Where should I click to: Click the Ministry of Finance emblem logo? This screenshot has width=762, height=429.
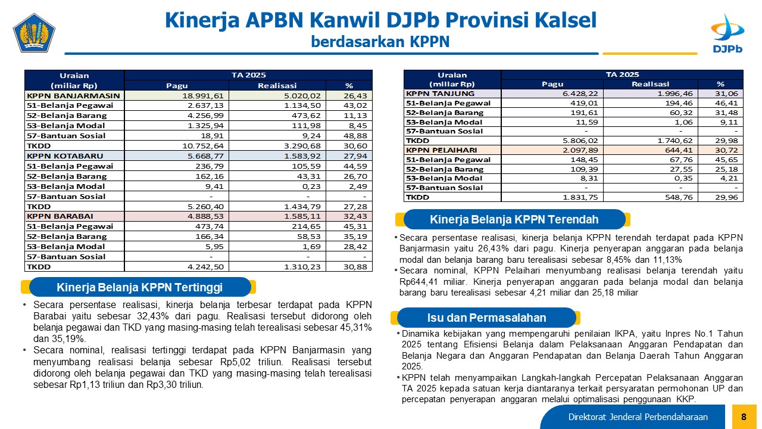coord(34,33)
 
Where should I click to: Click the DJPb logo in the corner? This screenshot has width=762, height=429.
coord(727,33)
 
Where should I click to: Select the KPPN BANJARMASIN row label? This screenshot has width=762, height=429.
coord(73,96)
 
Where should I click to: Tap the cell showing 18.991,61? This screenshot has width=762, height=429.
coord(203,96)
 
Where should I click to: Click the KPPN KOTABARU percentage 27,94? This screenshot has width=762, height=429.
coord(355,156)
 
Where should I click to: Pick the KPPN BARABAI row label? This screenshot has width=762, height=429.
coord(60,216)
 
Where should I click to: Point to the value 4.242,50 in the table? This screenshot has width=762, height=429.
coord(205,266)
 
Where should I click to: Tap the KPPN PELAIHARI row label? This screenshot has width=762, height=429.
coord(441,150)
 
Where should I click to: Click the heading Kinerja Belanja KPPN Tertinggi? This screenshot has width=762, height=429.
coord(139,287)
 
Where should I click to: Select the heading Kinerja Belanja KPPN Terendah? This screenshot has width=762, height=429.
coord(514,219)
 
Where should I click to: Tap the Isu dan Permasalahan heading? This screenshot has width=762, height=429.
coord(486,318)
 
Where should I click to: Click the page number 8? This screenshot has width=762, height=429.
coord(744,416)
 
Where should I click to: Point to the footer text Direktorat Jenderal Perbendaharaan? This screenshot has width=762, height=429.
coord(638,416)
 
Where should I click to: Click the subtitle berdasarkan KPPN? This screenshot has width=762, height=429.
coord(380,42)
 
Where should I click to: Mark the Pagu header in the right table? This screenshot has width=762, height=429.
coord(552,84)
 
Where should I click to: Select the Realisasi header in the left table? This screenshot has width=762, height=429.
coord(277,85)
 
